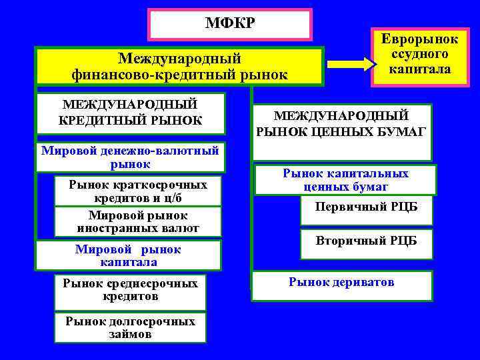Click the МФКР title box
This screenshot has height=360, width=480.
pos(230,25)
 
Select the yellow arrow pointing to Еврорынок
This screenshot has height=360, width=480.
pos(351,64)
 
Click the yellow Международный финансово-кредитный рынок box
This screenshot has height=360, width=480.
pos(179,67)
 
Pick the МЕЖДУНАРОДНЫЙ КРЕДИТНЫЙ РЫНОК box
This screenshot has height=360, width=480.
pos(130,113)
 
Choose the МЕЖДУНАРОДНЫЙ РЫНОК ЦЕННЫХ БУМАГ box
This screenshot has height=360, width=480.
pos(341,124)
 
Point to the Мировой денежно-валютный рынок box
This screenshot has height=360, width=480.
pos(130,157)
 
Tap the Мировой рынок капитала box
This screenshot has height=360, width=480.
pos(128,255)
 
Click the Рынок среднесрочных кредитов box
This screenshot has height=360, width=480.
pos(130,290)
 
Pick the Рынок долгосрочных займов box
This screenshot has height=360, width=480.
pos(130,327)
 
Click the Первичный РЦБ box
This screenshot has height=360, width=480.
pos(367,207)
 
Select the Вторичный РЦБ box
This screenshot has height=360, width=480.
pos(367,241)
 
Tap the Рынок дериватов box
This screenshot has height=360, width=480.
pos(341,283)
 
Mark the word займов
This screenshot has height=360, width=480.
pos(130,334)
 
